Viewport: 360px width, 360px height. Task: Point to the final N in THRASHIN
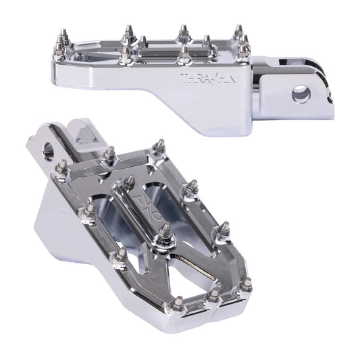(232, 78)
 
